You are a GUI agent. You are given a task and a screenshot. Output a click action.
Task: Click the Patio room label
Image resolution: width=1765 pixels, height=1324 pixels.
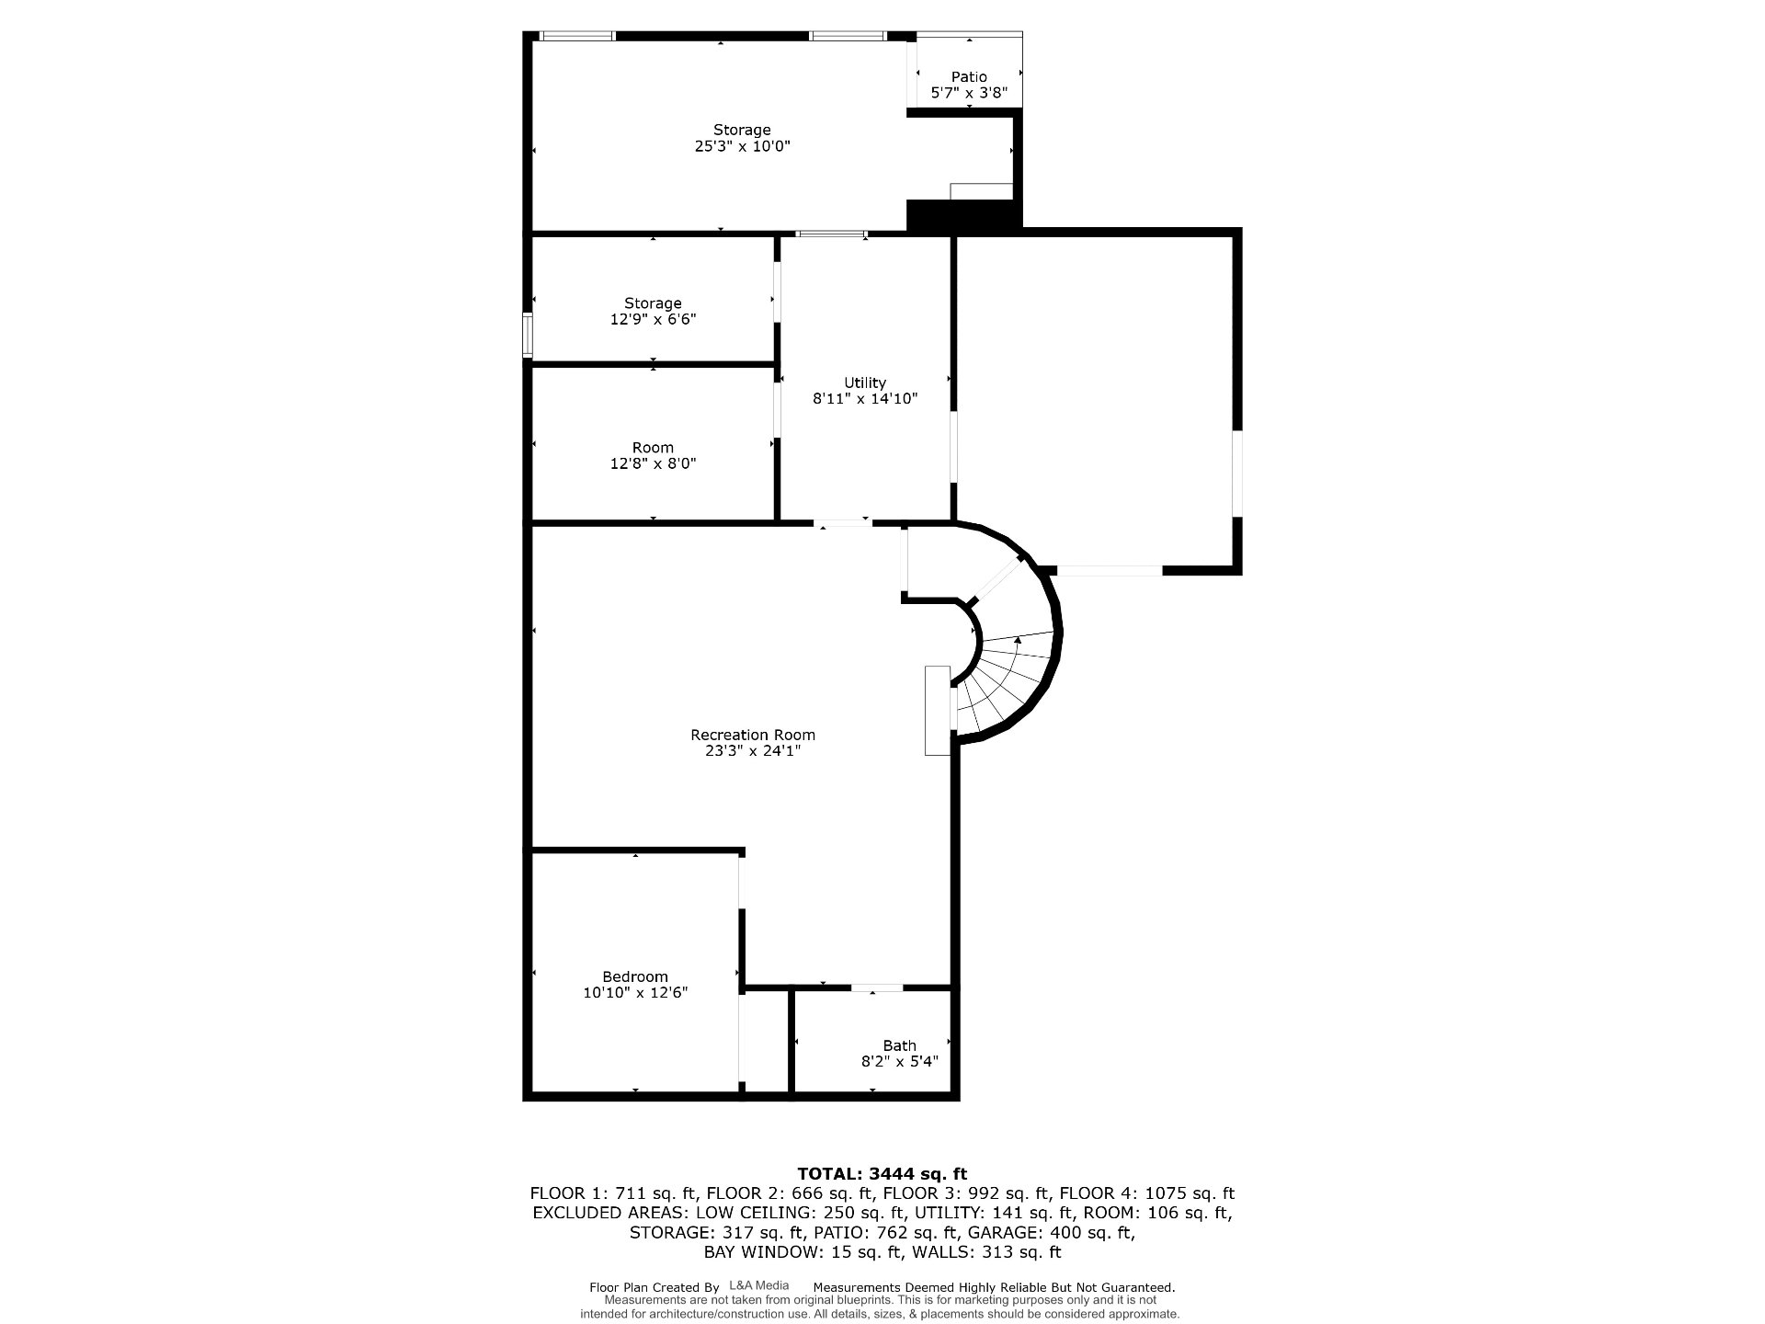click(969, 77)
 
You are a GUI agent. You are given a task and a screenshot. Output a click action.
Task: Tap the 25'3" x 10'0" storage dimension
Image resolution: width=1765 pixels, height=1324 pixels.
click(742, 146)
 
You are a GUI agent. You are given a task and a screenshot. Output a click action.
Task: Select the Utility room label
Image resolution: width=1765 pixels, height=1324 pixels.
click(865, 382)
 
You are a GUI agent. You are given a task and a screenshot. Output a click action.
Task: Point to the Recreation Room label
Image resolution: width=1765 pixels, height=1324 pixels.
click(753, 735)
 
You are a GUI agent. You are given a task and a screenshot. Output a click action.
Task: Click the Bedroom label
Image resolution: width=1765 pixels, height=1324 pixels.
click(635, 976)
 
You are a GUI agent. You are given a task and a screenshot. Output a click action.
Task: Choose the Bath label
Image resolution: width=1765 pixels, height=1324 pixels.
click(899, 1045)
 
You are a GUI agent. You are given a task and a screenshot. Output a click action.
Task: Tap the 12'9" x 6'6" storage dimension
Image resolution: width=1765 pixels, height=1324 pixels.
click(653, 319)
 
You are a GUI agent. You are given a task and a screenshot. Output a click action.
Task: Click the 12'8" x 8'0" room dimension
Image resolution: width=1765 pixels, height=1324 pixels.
click(653, 463)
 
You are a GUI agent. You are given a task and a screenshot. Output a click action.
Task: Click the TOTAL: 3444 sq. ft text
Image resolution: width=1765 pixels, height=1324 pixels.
click(882, 1173)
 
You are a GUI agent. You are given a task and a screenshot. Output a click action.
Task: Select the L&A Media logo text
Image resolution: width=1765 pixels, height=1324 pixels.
click(758, 1285)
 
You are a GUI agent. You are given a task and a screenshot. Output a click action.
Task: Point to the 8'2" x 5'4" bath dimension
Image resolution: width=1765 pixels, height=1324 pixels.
click(899, 1061)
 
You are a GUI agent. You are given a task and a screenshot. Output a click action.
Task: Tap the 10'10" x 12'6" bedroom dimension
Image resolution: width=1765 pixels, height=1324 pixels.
click(635, 992)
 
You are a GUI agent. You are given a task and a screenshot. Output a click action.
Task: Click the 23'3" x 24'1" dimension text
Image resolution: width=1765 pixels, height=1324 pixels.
click(753, 750)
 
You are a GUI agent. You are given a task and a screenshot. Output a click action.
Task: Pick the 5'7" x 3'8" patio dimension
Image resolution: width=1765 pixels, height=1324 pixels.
click(969, 93)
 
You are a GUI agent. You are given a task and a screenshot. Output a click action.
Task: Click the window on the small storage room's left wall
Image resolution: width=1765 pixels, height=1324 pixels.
click(528, 335)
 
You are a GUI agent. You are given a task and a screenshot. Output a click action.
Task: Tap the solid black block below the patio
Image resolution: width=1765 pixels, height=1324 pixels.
click(964, 215)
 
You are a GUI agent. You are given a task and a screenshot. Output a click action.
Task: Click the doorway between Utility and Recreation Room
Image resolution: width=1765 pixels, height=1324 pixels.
click(843, 523)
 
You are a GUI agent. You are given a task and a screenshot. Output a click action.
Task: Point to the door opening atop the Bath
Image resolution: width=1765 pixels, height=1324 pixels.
click(876, 988)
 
